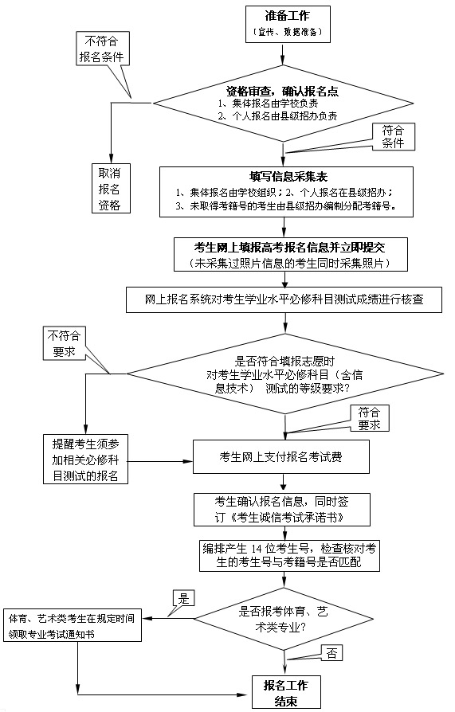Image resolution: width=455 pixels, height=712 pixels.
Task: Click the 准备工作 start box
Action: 288,24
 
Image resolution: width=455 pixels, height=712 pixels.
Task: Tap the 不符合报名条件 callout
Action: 102,49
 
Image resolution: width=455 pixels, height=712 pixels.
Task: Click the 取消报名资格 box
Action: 111,188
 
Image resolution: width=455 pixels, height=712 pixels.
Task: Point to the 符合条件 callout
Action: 393,137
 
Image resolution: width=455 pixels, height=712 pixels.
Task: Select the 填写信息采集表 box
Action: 286,192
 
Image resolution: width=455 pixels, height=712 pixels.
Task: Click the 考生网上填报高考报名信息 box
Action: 291,254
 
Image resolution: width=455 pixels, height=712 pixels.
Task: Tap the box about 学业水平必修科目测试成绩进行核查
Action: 284,299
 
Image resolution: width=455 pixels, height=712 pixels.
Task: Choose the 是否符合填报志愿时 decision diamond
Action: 285,374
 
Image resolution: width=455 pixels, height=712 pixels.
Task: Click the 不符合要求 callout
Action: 64,344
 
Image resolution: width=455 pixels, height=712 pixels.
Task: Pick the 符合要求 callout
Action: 369,419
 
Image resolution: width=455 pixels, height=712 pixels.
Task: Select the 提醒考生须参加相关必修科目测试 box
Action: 85,460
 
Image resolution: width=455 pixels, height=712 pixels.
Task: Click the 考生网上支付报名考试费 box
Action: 281,457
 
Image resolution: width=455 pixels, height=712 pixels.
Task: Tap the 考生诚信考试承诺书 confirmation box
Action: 282,510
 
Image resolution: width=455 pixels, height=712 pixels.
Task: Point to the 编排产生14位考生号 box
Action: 289,556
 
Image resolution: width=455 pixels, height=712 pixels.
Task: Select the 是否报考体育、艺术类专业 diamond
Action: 284,619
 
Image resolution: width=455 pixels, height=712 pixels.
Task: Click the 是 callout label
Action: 183,598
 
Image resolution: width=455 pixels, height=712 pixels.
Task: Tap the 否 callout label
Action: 331,653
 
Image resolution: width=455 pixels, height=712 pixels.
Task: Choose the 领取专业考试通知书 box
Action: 73,625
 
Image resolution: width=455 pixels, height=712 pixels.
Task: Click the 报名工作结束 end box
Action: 286,692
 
